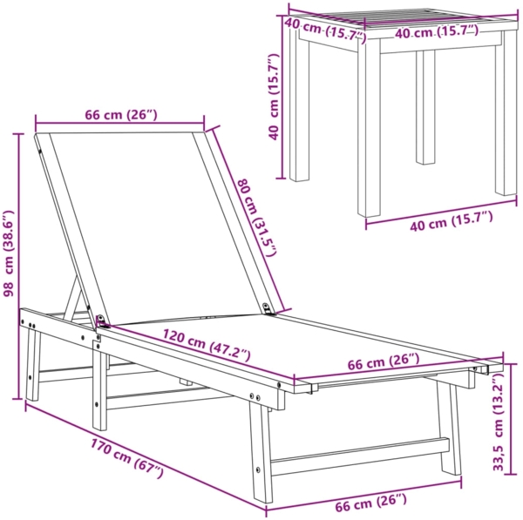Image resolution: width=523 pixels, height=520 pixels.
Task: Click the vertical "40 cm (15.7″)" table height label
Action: [275, 96]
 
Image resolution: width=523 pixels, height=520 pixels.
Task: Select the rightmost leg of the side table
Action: [506, 122]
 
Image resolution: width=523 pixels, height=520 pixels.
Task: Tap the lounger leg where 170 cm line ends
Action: [262, 453]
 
